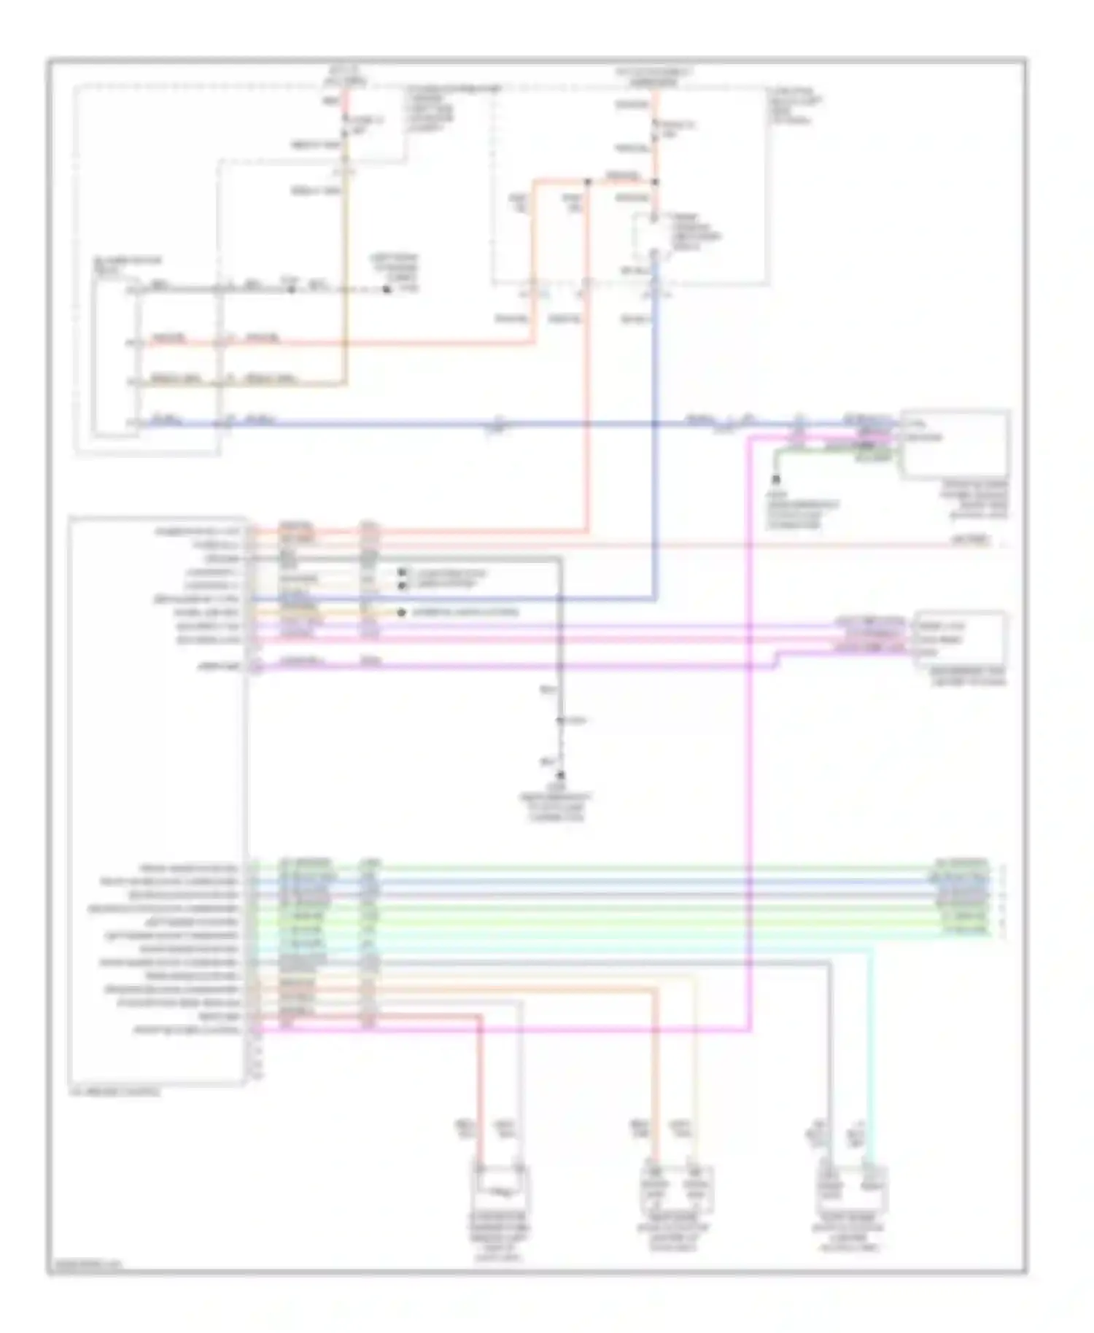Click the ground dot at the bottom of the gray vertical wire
click(x=561, y=776)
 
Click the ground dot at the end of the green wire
click(x=775, y=480)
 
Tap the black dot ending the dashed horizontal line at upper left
click(x=387, y=290)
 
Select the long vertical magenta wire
click(x=749, y=729)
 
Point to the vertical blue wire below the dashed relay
click(x=655, y=438)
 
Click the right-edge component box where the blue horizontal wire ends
click(x=955, y=443)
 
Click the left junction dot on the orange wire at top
click(x=587, y=181)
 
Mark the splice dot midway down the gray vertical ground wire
click(x=560, y=720)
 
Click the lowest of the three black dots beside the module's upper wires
click(x=401, y=613)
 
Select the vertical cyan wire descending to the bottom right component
click(x=870, y=1057)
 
